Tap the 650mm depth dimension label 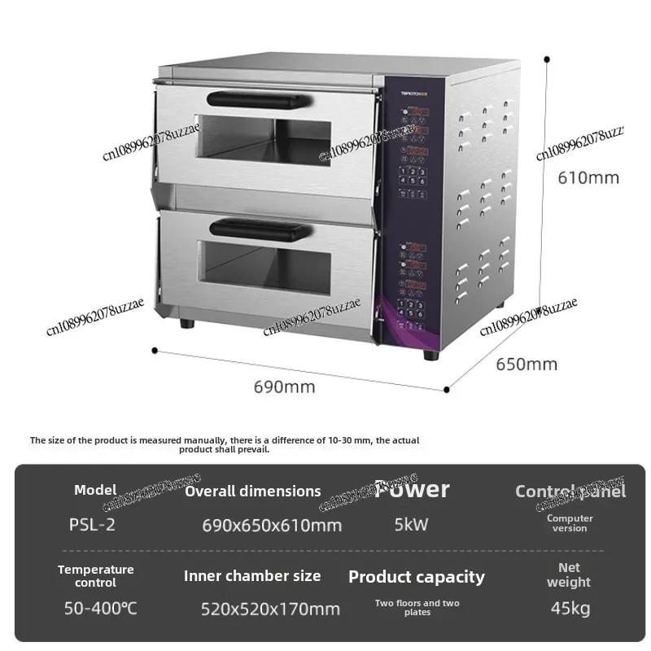click(x=526, y=364)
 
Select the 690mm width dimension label click(x=284, y=387)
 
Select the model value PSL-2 click(x=92, y=525)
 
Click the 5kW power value click(x=411, y=525)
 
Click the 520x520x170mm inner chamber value click(x=270, y=609)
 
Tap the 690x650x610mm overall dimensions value click(x=272, y=526)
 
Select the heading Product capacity click(x=416, y=577)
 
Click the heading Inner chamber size click(x=252, y=576)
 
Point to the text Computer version click(x=570, y=523)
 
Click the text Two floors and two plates click(x=417, y=607)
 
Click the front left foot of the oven click(x=188, y=322)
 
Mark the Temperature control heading click(x=95, y=576)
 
